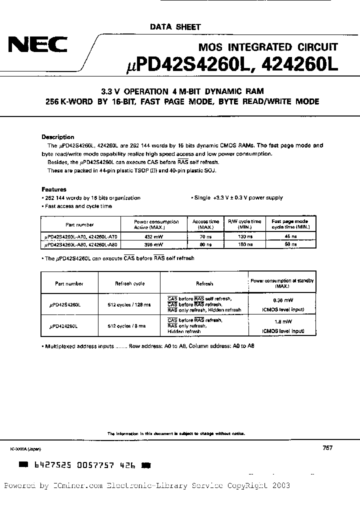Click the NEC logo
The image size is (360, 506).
37,46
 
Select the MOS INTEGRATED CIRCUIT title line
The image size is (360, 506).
268,47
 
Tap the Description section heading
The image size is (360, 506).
57,137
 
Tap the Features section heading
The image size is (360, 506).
53,189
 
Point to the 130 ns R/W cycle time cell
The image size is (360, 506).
244,236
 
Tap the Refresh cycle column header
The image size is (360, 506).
129,283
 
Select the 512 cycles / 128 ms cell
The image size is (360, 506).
129,304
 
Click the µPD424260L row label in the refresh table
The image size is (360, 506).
66,326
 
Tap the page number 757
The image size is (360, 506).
327,448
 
